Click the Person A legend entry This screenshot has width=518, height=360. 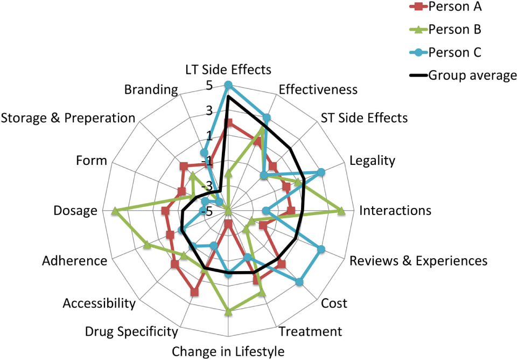[x=455, y=7]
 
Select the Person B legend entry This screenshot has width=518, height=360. [x=455, y=29]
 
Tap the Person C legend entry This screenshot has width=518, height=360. [x=455, y=52]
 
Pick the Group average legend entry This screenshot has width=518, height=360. [x=472, y=75]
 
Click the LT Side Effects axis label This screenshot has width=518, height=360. [x=228, y=70]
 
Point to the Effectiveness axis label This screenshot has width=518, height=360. [x=318, y=89]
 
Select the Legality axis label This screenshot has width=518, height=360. [x=372, y=160]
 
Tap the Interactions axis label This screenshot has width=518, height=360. [x=395, y=210]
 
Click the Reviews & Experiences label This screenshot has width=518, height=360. [x=418, y=261]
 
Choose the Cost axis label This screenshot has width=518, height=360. [x=334, y=303]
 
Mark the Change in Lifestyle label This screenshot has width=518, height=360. [x=228, y=352]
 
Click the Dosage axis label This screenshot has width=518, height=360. [x=75, y=211]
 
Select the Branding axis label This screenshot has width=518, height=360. [x=151, y=89]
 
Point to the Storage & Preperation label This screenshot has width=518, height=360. [x=68, y=117]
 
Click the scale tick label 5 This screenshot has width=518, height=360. [x=208, y=85]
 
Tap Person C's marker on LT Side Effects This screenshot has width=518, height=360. [x=228, y=85]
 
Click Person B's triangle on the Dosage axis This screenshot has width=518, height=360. [x=114, y=210]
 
